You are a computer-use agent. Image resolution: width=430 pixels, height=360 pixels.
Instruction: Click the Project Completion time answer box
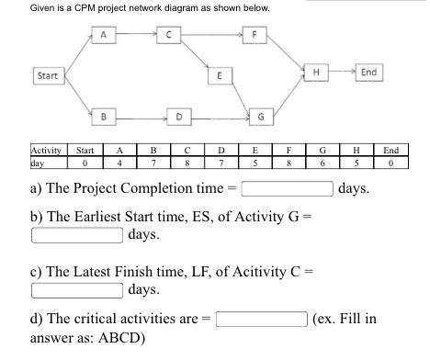[x=288, y=190]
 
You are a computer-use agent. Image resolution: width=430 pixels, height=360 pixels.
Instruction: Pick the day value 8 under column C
[x=187, y=162]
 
